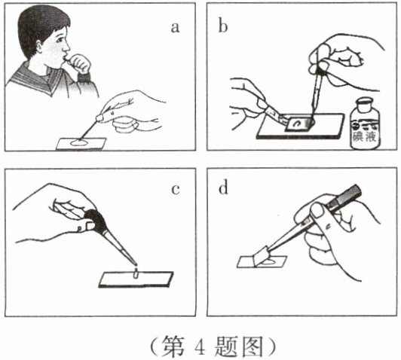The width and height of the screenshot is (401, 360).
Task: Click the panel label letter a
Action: pyautogui.click(x=175, y=28)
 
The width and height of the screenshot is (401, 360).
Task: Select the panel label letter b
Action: pyautogui.click(x=223, y=26)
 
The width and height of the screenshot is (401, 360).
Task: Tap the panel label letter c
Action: pyautogui.click(x=175, y=190)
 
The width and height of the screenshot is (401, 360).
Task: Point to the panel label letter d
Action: pyautogui.click(x=223, y=188)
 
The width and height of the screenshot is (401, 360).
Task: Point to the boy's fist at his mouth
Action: pyautogui.click(x=80, y=63)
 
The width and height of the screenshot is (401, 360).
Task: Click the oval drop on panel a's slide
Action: pyautogui.click(x=78, y=143)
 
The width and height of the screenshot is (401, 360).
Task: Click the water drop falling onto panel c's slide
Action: pyautogui.click(x=136, y=273)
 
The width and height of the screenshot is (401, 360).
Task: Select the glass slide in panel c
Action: pyautogui.click(x=136, y=279)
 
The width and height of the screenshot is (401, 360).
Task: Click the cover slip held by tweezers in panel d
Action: pyautogui.click(x=261, y=255)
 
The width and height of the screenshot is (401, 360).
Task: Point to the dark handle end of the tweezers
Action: pyautogui.click(x=347, y=198)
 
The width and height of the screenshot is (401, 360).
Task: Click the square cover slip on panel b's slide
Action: pyautogui.click(x=299, y=124)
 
